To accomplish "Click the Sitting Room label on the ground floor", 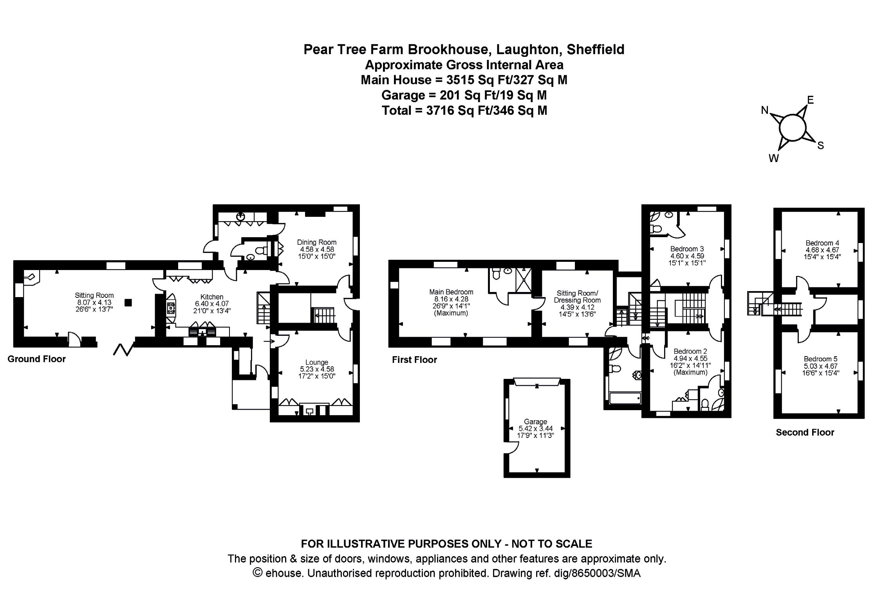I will (94, 295).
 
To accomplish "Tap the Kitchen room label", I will (212, 297).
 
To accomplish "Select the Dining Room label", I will (316, 242).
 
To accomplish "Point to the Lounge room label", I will (316, 362).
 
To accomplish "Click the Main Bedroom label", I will (451, 292).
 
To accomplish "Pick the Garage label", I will (535, 422).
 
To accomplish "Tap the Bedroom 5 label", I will (820, 359).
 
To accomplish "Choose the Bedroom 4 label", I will (822, 243).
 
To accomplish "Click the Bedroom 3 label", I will (687, 249).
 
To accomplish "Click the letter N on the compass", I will (764, 111).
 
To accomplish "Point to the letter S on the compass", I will (820, 146).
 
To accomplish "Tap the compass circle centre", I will (793, 128).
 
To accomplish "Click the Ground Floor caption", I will (37, 359).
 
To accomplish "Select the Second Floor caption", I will (805, 432).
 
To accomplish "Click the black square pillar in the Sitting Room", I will (128, 303).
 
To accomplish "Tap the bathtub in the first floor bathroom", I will (625, 398).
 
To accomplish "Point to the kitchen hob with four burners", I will (171, 308).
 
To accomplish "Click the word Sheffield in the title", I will (596, 49).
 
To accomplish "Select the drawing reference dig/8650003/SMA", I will (596, 573).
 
